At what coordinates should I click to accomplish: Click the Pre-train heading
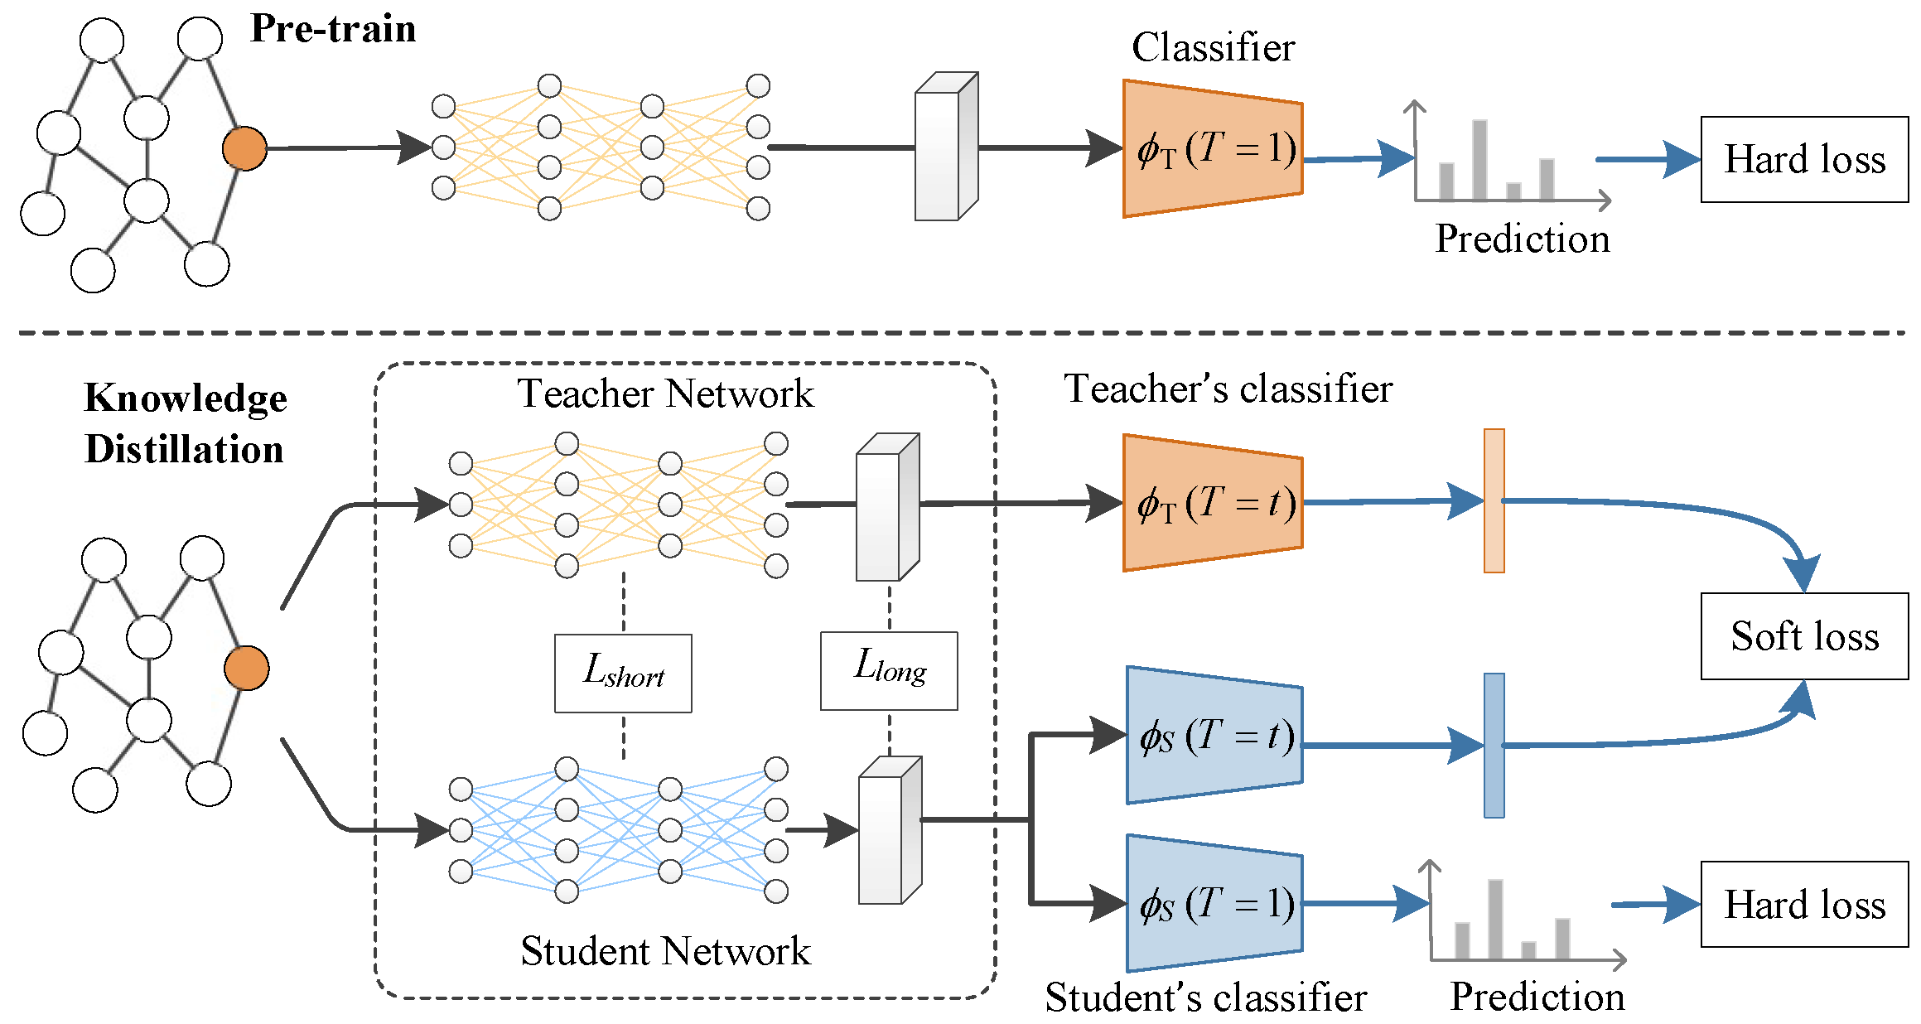[x=333, y=29]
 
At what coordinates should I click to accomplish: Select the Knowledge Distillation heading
[x=186, y=423]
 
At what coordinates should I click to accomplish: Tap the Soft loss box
[x=1804, y=636]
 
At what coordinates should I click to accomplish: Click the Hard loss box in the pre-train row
[x=1804, y=159]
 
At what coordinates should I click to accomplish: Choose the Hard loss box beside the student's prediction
[x=1804, y=904]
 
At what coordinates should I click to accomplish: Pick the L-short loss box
[x=623, y=674]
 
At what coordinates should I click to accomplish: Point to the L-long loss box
[x=889, y=671]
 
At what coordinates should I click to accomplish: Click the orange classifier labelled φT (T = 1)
[x=1213, y=149]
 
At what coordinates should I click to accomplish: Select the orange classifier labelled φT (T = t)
[x=1213, y=503]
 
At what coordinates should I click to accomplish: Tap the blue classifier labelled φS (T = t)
[x=1214, y=735]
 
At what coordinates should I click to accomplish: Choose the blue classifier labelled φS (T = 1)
[x=1214, y=903]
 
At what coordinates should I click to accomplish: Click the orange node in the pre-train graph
[x=244, y=149]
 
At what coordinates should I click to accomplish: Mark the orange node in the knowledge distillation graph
[x=246, y=669]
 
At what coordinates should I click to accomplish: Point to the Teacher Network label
[x=665, y=394]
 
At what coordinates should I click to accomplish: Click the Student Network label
[x=665, y=951]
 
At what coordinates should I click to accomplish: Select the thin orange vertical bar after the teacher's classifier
[x=1494, y=500]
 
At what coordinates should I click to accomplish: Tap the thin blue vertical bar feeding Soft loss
[x=1494, y=746]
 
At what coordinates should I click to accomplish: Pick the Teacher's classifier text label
[x=1228, y=389]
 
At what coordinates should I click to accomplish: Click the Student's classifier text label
[x=1206, y=997]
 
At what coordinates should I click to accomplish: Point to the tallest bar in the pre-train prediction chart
[x=1479, y=160]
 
